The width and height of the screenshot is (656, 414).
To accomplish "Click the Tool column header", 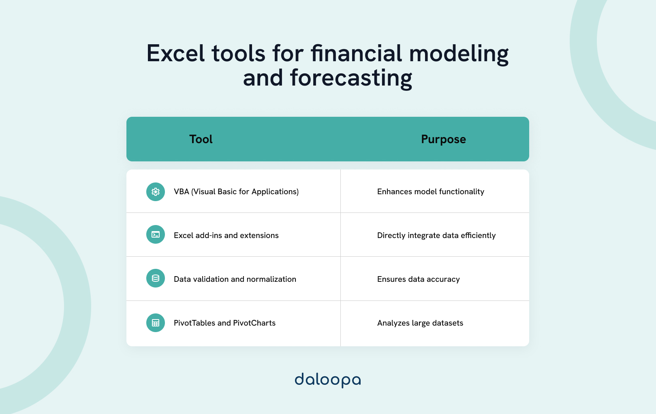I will pyautogui.click(x=201, y=139).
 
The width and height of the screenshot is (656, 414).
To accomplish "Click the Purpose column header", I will pyautogui.click(x=443, y=139).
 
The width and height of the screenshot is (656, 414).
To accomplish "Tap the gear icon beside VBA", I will pyautogui.click(x=156, y=192).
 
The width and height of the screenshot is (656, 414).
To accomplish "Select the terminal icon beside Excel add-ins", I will pyautogui.click(x=156, y=235).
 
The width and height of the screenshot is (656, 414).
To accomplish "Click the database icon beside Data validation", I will pyautogui.click(x=156, y=279).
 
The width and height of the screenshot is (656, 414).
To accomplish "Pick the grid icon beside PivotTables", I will pyautogui.click(x=156, y=323).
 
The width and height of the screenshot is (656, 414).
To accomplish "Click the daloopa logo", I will pyautogui.click(x=327, y=380).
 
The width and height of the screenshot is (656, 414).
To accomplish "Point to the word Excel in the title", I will pyautogui.click(x=175, y=54).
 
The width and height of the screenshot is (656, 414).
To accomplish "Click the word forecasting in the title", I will pyautogui.click(x=351, y=78).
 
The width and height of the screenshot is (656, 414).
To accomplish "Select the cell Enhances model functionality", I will pyautogui.click(x=430, y=192).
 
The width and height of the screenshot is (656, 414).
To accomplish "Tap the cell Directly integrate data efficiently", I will pyautogui.click(x=436, y=236).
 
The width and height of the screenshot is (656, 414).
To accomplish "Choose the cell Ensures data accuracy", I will pyautogui.click(x=418, y=279).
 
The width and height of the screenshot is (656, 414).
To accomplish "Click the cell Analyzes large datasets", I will pyautogui.click(x=420, y=323).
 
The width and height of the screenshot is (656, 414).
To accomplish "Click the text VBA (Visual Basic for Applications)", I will pyautogui.click(x=236, y=192).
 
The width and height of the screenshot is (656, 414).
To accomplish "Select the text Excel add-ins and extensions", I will pyautogui.click(x=226, y=236).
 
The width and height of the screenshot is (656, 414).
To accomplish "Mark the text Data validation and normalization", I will pyautogui.click(x=235, y=279).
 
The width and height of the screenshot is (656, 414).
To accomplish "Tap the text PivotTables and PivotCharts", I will pyautogui.click(x=224, y=323).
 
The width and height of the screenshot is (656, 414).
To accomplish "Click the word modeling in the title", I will pyautogui.click(x=459, y=54).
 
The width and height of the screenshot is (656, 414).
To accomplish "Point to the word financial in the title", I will pyautogui.click(x=356, y=54).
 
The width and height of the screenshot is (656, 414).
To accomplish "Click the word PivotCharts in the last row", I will pyautogui.click(x=254, y=323).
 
